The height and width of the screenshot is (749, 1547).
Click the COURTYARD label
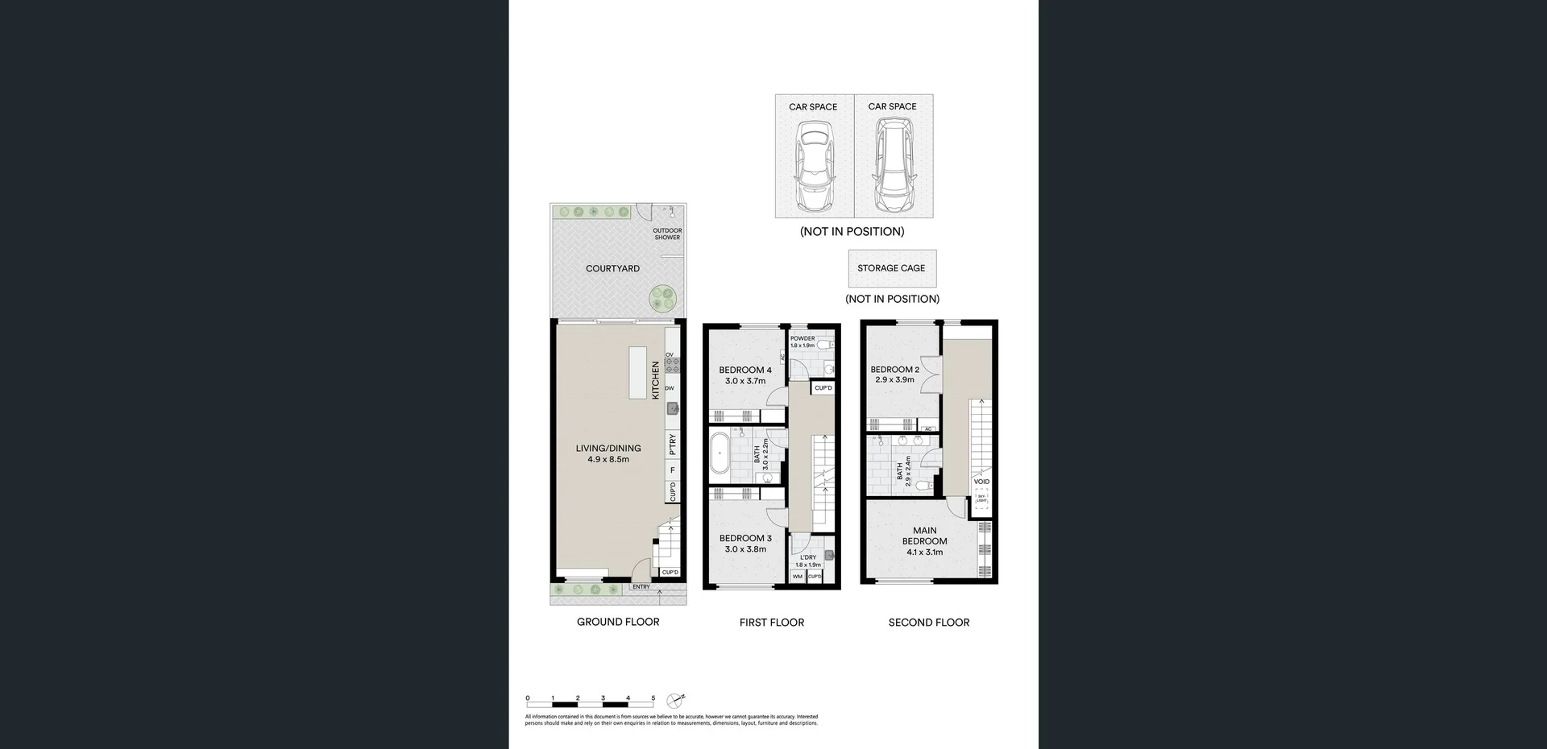[612, 268]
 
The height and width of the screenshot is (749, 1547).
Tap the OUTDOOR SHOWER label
[667, 234]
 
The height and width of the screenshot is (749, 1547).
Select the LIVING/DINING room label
[608, 453]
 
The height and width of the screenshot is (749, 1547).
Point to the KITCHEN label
[656, 379]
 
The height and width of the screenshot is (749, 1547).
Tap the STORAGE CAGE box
[891, 268]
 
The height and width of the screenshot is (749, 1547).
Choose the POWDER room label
[802, 339]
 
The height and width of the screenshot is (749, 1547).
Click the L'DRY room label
[807, 557]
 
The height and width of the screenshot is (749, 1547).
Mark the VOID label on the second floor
[981, 482]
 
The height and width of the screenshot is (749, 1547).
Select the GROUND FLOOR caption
[618, 622]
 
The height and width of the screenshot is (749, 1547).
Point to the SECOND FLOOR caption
[928, 623]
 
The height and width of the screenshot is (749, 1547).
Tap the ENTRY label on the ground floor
[641, 587]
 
